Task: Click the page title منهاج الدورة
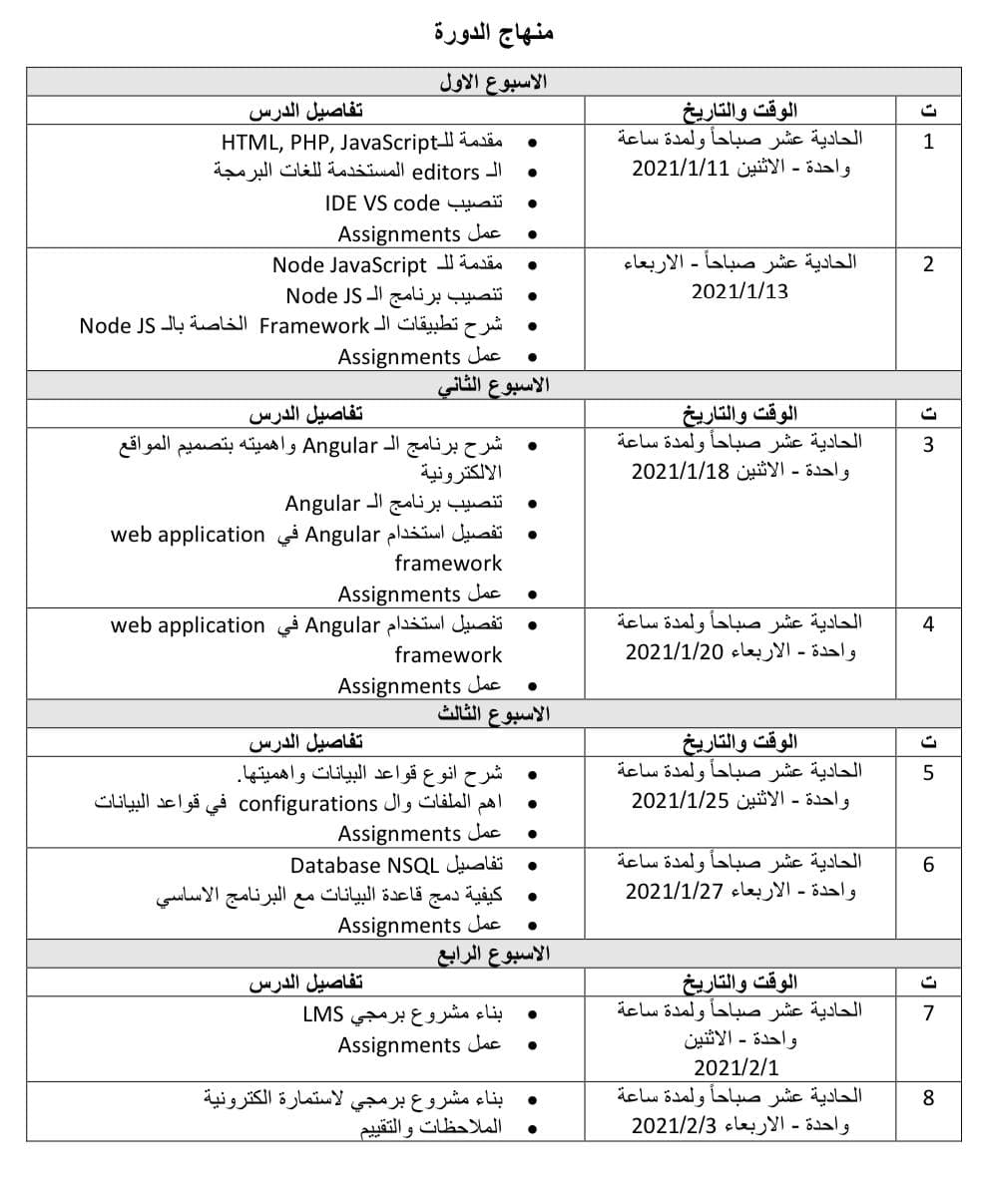494,32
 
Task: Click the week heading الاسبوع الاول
494,82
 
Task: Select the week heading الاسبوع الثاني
494,385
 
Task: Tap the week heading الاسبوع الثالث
494,714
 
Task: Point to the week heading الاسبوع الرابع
494,955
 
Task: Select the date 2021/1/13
739,292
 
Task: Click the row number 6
928,864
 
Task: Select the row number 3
928,444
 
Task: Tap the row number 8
928,1098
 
